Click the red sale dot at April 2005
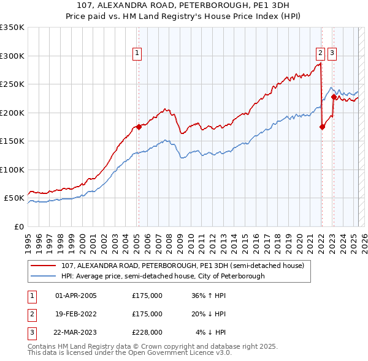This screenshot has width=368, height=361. coord(139,127)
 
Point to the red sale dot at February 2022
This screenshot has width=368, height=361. coord(322,127)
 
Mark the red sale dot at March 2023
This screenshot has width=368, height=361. coord(334,97)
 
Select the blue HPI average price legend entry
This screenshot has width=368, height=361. coord(163,276)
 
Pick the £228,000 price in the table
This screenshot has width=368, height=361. coord(147,332)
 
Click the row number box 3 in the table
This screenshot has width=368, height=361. coord(30,332)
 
